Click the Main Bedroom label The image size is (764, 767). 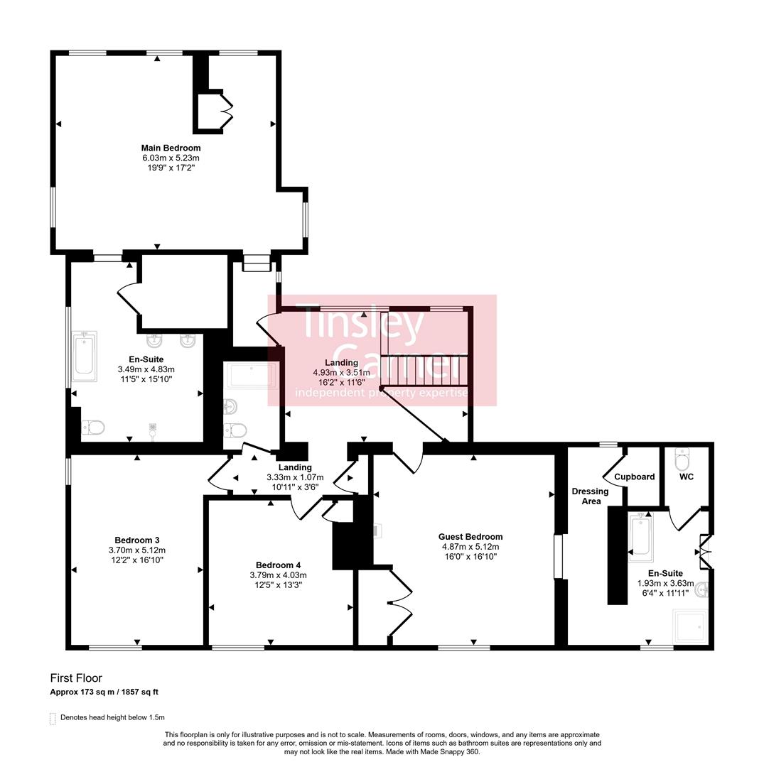(171, 148)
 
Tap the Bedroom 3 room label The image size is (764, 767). (137, 539)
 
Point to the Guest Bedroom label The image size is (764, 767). (470, 537)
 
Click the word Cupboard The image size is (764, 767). (635, 477)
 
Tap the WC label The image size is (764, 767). (686, 477)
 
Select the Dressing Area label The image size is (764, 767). (590, 496)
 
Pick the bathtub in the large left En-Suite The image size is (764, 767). (84, 356)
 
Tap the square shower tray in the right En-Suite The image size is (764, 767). (690, 626)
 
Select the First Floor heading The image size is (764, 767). (76, 678)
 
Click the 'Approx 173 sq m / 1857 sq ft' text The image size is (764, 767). (109, 692)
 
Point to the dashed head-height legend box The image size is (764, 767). (53, 718)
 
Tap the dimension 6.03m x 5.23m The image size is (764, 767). (171, 158)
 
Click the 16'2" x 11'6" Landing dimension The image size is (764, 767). (341, 382)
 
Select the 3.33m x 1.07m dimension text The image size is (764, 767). (294, 477)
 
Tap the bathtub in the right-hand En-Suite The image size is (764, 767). (640, 536)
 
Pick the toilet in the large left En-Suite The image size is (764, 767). (94, 427)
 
